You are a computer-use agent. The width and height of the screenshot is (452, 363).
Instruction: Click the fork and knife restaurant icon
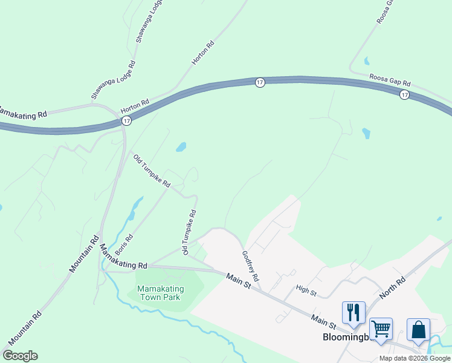(354, 312)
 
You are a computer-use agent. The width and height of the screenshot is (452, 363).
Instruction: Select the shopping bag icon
(418, 329)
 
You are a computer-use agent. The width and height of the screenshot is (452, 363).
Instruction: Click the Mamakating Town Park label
(160, 293)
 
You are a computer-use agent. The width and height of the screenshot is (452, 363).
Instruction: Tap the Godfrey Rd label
(251, 267)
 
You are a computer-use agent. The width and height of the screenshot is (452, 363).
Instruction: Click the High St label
(306, 292)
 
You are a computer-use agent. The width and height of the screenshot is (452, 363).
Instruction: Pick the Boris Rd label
(123, 241)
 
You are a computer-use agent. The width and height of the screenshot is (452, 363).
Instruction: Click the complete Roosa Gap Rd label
(390, 80)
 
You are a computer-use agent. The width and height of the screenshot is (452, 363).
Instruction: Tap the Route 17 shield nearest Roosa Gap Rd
(404, 94)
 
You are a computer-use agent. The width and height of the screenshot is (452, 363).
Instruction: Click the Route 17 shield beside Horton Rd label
(126, 121)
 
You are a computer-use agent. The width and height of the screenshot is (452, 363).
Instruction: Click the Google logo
(20, 356)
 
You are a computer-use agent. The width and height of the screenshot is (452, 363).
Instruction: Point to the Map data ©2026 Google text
(415, 358)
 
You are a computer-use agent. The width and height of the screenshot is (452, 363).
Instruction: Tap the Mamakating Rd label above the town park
(123, 257)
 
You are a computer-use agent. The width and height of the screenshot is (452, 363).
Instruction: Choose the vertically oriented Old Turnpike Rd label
(190, 232)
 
